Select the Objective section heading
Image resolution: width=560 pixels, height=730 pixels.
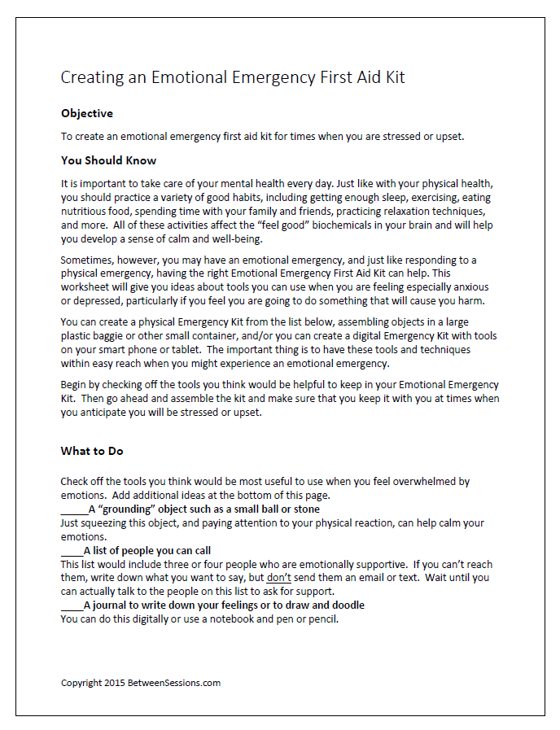(87, 113)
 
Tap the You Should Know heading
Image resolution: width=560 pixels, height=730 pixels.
(108, 160)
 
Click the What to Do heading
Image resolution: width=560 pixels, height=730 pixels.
(92, 451)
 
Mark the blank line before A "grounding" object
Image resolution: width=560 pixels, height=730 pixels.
(74, 509)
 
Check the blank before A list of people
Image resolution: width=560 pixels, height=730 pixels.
(72, 551)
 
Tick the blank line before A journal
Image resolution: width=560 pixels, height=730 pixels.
(72, 605)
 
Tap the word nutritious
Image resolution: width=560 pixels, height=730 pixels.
(85, 210)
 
